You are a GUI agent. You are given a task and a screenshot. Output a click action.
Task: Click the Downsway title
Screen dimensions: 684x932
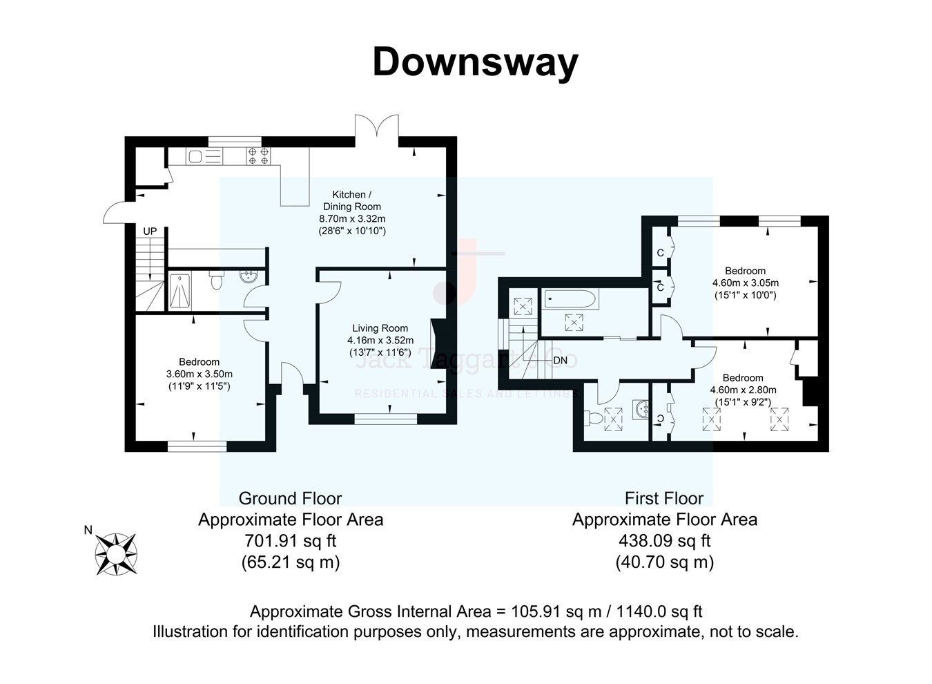click(475, 62)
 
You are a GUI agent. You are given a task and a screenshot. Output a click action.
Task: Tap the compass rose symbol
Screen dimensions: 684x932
click(116, 553)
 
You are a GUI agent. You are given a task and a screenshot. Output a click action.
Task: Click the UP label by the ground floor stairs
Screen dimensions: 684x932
click(150, 231)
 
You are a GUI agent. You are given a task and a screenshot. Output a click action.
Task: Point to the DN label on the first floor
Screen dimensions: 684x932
click(561, 360)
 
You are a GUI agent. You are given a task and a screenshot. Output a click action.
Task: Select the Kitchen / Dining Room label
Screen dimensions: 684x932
click(352, 200)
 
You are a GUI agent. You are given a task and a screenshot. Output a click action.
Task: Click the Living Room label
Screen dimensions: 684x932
click(380, 328)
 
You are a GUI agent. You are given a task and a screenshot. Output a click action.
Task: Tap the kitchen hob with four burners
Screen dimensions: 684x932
click(258, 155)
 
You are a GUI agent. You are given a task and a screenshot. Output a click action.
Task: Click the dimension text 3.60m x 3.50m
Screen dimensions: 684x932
click(199, 374)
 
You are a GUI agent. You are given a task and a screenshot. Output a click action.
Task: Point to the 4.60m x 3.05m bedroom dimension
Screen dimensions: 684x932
click(745, 283)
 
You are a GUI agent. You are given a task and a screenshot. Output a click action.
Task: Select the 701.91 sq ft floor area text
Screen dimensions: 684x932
click(291, 540)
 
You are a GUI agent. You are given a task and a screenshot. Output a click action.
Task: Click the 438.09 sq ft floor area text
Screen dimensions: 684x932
click(664, 540)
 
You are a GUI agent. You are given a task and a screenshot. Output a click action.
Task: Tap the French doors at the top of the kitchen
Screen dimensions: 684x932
click(377, 129)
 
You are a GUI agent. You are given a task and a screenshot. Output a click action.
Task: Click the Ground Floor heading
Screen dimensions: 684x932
click(290, 498)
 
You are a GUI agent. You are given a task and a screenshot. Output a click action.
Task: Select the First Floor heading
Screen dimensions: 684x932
click(664, 498)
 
